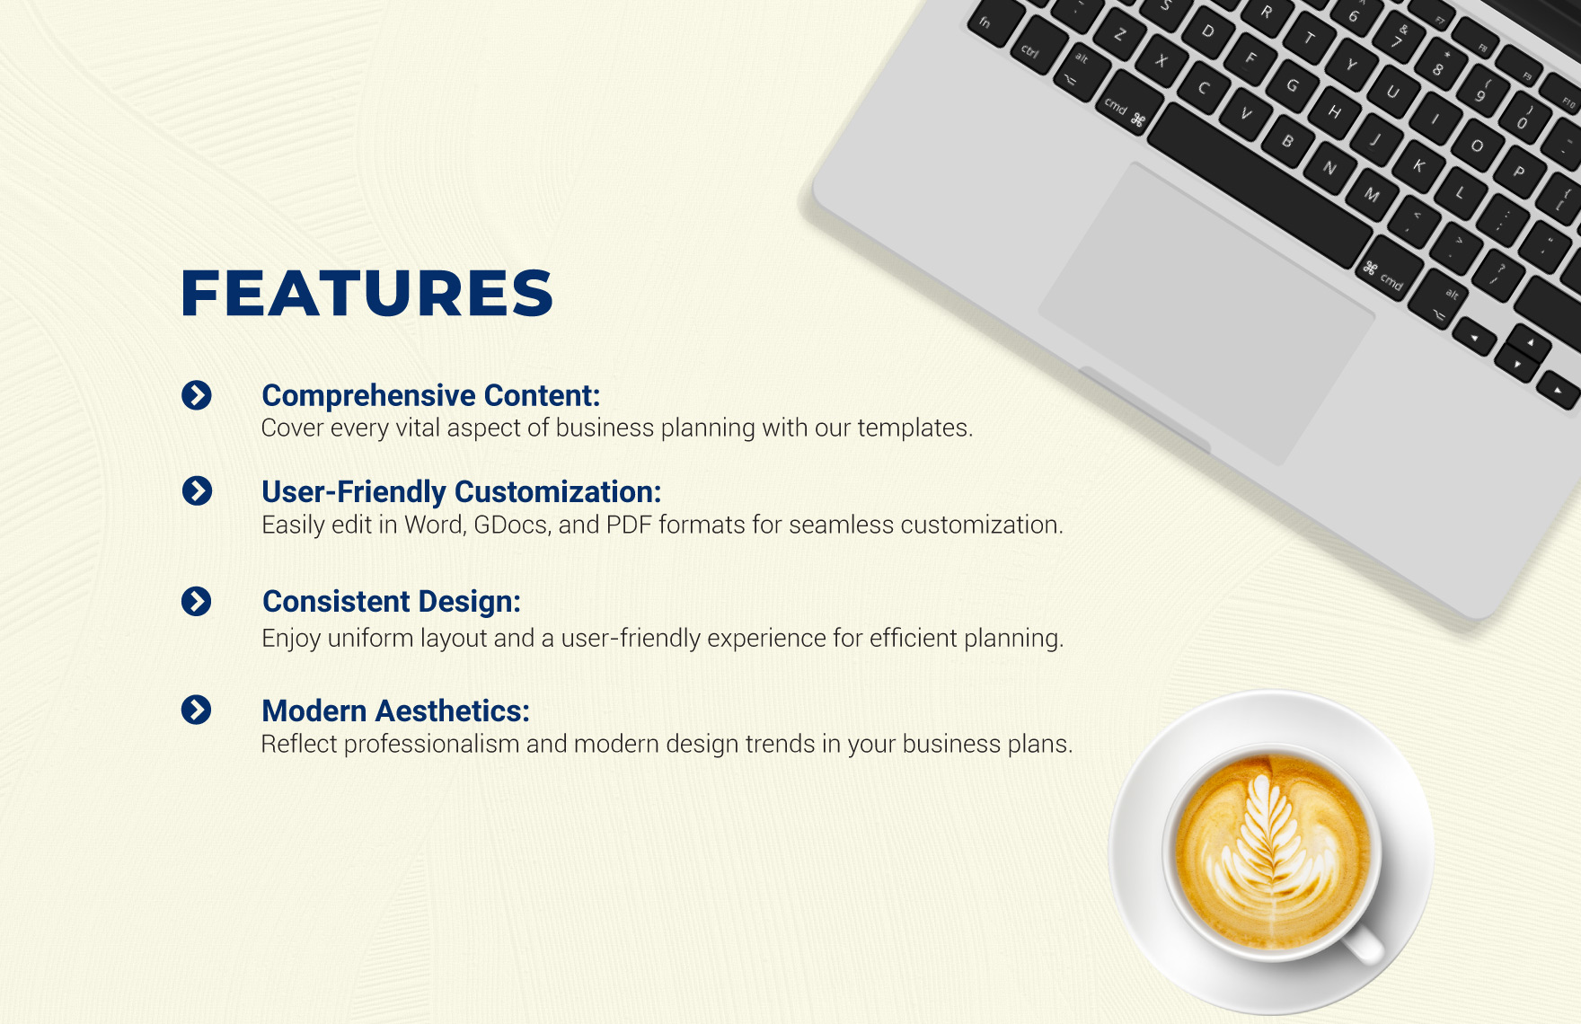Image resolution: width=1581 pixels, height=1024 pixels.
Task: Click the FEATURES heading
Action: [x=367, y=293]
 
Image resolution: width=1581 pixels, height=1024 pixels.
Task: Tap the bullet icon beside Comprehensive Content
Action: [x=197, y=395]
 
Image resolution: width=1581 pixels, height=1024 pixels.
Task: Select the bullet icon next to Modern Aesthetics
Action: [x=196, y=710]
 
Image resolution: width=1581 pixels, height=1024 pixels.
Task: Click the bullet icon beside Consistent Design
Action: [x=196, y=601]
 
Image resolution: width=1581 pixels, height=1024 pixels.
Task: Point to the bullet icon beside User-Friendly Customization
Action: [x=197, y=490]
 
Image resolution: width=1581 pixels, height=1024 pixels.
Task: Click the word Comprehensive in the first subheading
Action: [x=368, y=396]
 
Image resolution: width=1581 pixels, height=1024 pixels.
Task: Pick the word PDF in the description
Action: [x=629, y=525]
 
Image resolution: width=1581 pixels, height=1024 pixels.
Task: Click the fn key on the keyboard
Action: [x=985, y=22]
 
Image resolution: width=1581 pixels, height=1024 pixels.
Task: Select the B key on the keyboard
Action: [x=1288, y=141]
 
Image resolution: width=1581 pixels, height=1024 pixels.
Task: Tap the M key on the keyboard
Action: [x=1372, y=194]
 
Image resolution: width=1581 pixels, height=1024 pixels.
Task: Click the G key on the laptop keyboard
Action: [x=1293, y=86]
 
